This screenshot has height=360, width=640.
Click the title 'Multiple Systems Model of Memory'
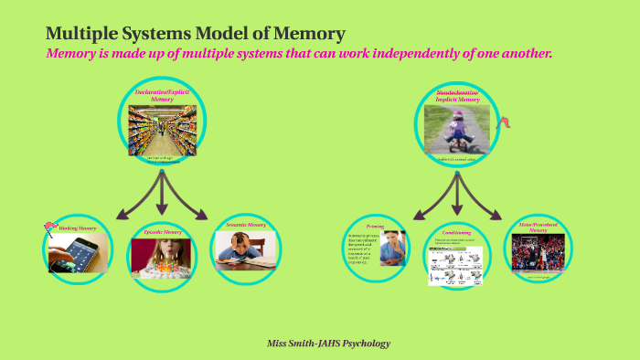(195, 34)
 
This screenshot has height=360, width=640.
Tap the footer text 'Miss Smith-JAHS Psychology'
(328, 344)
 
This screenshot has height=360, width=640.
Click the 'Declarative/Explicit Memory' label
(163, 94)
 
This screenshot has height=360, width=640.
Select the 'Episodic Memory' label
(163, 234)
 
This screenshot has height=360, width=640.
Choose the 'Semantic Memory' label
(245, 224)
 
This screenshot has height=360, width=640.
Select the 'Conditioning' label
(456, 232)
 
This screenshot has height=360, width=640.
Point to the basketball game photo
(538, 253)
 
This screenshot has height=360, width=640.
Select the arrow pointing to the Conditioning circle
(457, 194)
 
